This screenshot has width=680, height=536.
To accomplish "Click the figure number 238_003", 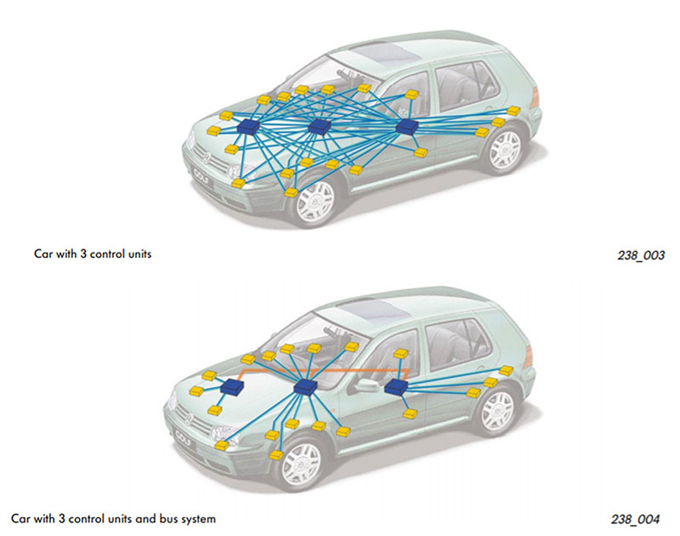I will coord(640,254).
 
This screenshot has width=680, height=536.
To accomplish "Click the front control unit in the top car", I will coord(249,126).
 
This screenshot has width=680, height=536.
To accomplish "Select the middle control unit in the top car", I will coord(320,127).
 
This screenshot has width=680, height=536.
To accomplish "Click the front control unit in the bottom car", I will coord(230,388).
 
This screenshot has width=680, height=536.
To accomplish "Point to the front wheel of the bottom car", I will coord(302,464).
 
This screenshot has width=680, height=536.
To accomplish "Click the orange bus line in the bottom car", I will coord(357,372).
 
